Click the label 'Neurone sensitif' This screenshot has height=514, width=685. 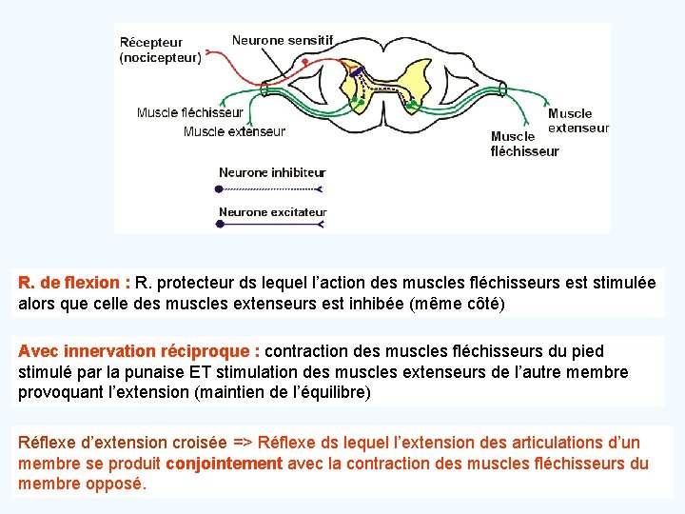pyautogui.click(x=283, y=40)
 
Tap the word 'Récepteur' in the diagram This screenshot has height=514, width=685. pyautogui.click(x=151, y=43)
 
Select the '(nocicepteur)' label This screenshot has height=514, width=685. pyautogui.click(x=161, y=57)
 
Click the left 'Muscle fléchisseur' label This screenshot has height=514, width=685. pyautogui.click(x=190, y=112)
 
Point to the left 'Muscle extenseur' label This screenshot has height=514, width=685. pyautogui.click(x=234, y=131)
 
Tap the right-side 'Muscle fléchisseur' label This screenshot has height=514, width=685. pyautogui.click(x=524, y=144)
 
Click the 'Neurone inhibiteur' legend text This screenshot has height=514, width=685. pyautogui.click(x=272, y=172)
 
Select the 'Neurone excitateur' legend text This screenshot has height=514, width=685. pyautogui.click(x=272, y=212)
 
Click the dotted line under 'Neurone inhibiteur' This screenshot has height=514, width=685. pyautogui.click(x=271, y=189)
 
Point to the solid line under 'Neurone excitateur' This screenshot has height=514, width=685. pyautogui.click(x=271, y=225)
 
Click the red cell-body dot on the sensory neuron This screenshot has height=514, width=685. pyautogui.click(x=304, y=62)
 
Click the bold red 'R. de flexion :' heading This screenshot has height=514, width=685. pyautogui.click(x=74, y=283)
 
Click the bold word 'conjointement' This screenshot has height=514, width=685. pyautogui.click(x=224, y=464)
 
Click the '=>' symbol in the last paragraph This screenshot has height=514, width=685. pyautogui.click(x=242, y=443)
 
